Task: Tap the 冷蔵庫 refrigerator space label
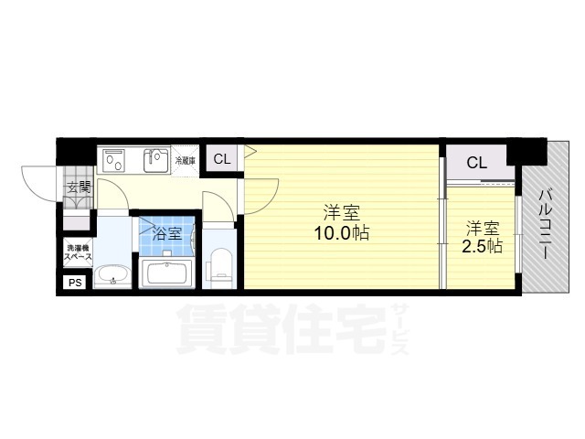(x=185, y=160)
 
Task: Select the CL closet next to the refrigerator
(x=222, y=159)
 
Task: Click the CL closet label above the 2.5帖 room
(x=477, y=164)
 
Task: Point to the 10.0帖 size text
(x=343, y=234)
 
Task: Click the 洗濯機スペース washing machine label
(x=77, y=253)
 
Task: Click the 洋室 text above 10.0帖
(x=343, y=213)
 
